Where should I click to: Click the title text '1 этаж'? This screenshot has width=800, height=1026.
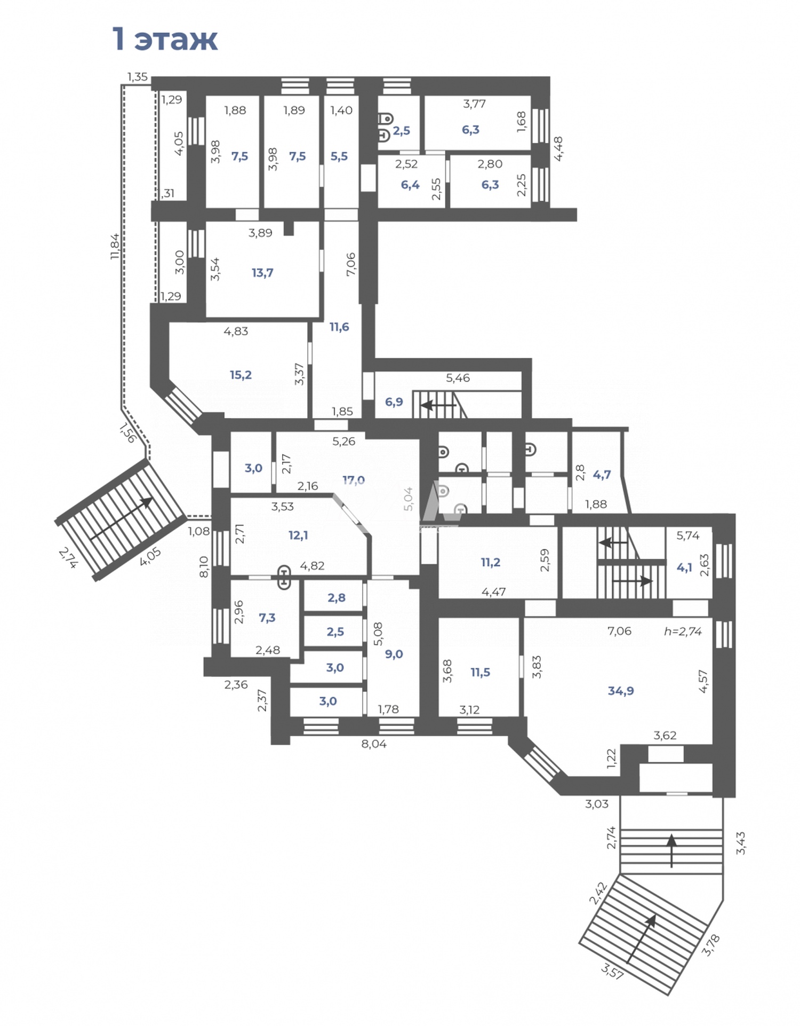tap(165, 40)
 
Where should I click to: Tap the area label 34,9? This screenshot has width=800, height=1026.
tap(620, 691)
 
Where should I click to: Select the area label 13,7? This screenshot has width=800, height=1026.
tap(262, 273)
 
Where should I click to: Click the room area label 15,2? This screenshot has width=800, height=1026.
tap(241, 375)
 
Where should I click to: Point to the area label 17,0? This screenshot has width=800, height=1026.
tap(353, 480)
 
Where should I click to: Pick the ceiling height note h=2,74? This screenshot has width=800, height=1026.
tap(683, 631)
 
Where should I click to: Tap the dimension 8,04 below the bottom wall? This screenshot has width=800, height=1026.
tap(373, 744)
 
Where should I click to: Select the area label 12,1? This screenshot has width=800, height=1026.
tap(298, 535)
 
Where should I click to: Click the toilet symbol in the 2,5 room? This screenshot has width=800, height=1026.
tap(386, 118)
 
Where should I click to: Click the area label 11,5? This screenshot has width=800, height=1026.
tap(480, 672)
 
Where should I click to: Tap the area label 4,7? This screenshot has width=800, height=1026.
tap(602, 475)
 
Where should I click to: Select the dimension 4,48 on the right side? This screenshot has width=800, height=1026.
tap(558, 148)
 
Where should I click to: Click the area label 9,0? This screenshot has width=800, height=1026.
tap(394, 654)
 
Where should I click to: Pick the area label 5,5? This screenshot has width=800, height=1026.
tap(339, 156)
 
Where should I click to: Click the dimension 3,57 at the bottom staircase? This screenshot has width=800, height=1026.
tap(612, 970)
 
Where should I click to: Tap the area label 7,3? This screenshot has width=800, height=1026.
tap(267, 618)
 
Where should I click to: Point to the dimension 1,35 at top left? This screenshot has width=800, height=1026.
tap(137, 77)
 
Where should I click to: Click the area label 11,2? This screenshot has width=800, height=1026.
tap(490, 562)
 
